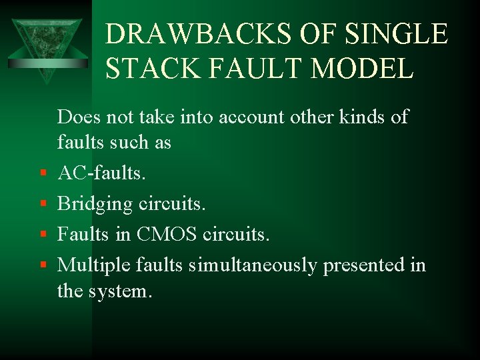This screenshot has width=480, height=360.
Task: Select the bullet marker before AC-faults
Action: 42,174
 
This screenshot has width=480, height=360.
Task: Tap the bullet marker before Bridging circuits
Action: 42,204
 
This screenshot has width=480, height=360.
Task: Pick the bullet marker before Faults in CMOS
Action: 42,235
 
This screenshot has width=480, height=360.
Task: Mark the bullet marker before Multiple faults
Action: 42,265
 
